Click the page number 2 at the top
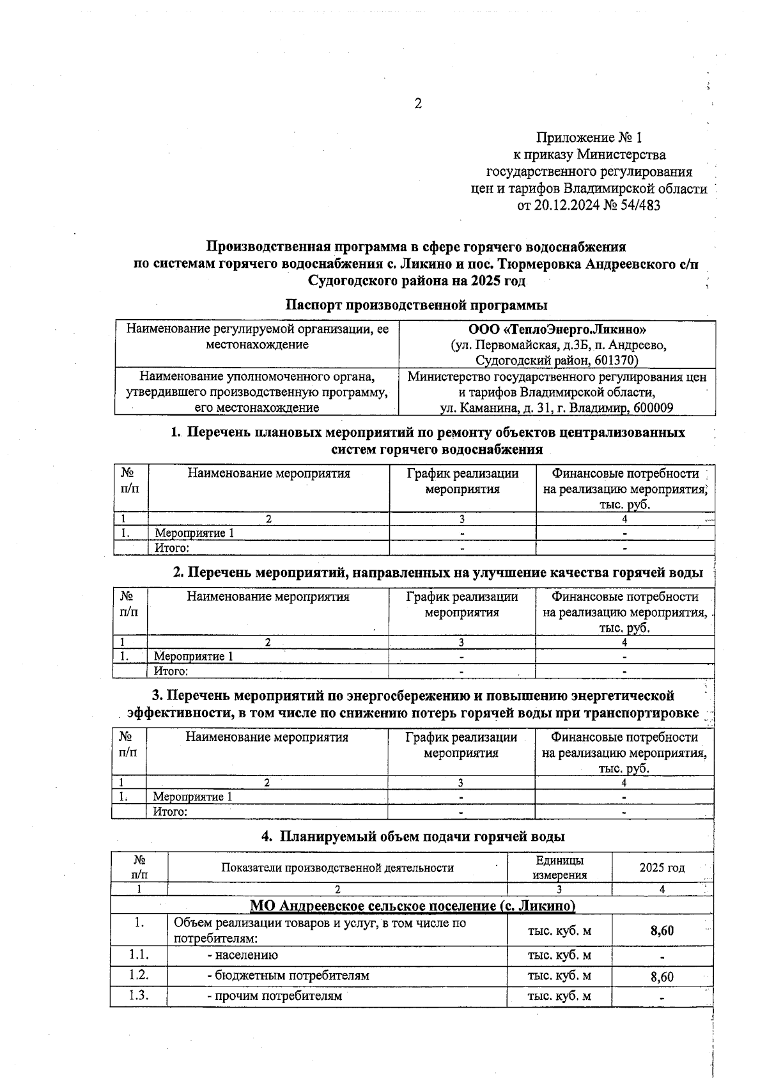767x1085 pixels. click(418, 104)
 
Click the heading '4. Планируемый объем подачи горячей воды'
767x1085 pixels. click(413, 836)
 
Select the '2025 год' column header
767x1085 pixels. click(662, 868)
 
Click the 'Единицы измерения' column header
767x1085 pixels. click(559, 868)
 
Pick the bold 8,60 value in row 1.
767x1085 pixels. click(662, 931)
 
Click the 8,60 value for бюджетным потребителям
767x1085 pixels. click(662, 977)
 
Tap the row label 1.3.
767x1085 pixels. click(139, 995)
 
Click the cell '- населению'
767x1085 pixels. click(242, 955)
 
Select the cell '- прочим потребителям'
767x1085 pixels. click(274, 995)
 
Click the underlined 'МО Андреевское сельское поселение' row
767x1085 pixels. click(412, 905)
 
